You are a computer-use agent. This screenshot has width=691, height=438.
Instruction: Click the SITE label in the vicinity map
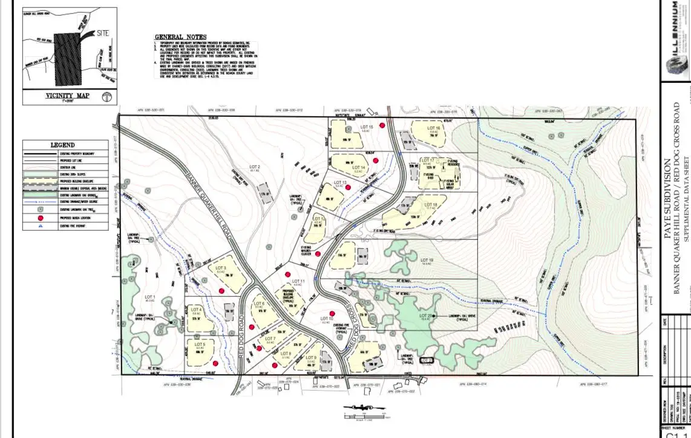click(x=102, y=34)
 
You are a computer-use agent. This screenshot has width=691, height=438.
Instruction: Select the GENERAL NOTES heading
click(x=180, y=38)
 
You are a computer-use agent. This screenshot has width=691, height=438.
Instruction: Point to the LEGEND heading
click(x=62, y=145)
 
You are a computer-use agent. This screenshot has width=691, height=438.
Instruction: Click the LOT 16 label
click(x=433, y=128)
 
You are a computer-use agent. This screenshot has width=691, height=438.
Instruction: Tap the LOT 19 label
click(x=427, y=260)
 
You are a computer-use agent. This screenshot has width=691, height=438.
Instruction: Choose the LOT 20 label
click(x=425, y=316)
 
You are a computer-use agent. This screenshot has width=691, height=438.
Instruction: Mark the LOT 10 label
click(x=326, y=319)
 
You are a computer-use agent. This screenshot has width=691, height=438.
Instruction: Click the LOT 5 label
click(x=200, y=344)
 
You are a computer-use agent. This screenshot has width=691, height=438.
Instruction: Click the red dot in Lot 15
click(x=382, y=125)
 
